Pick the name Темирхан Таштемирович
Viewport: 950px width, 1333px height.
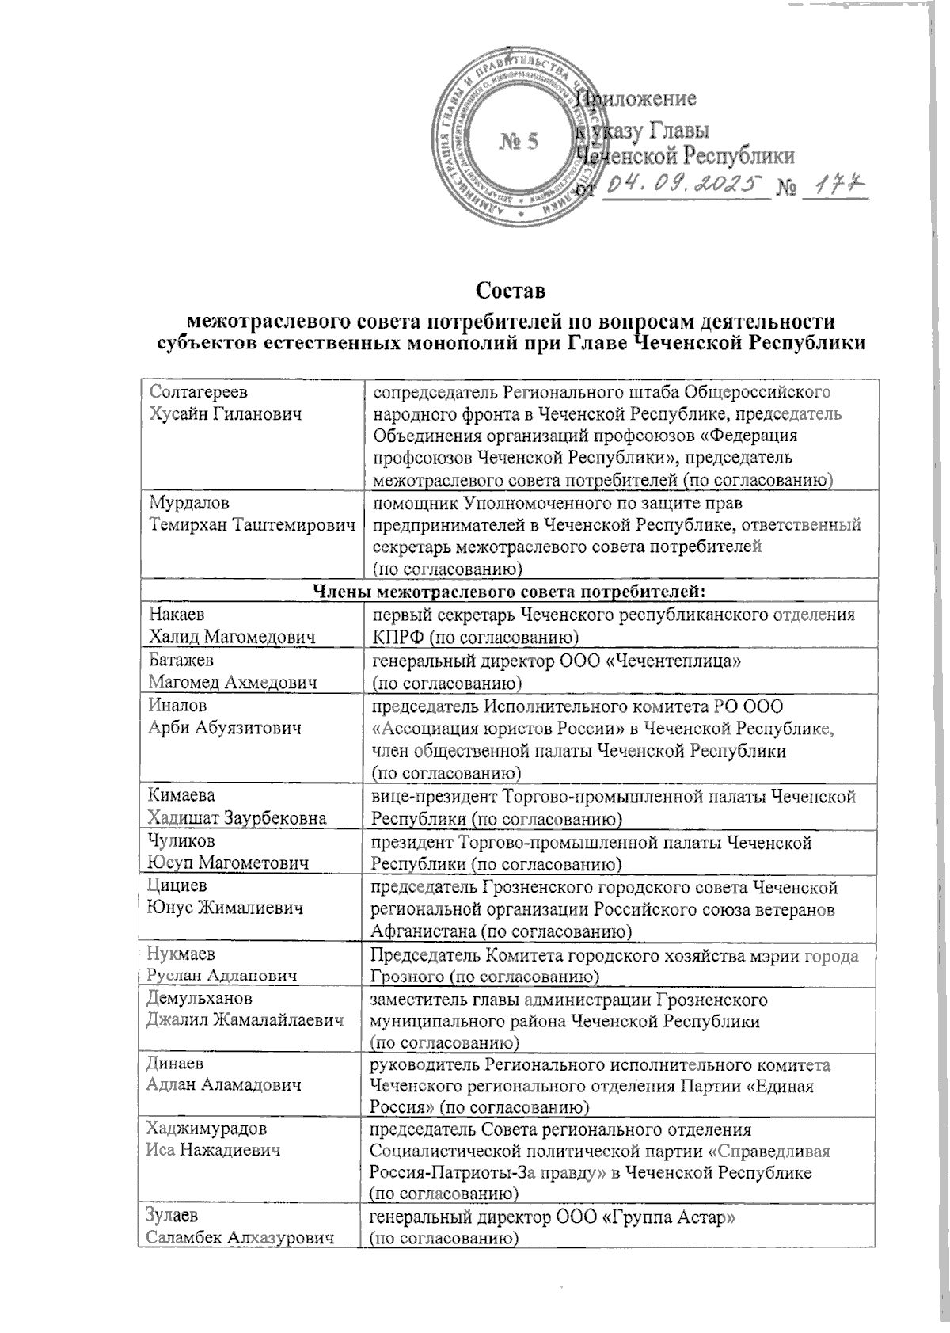[251, 524]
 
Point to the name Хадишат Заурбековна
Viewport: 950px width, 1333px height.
[237, 817]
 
